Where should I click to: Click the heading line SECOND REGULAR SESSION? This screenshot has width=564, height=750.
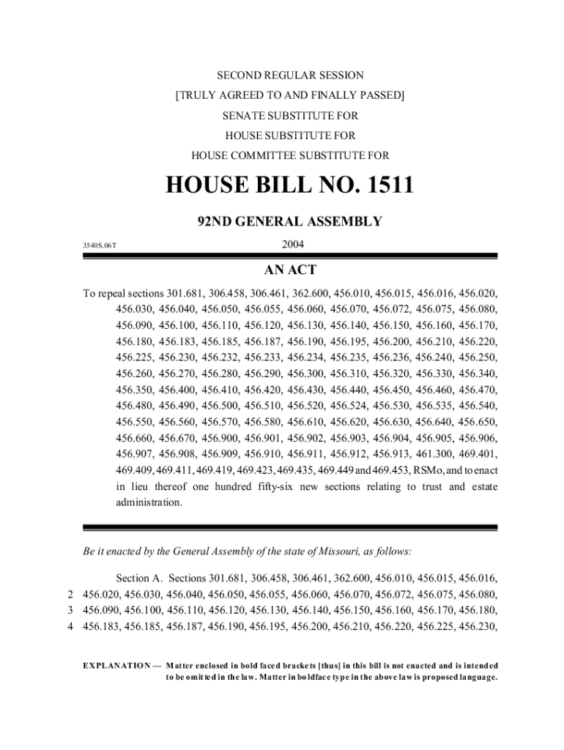coord(290,75)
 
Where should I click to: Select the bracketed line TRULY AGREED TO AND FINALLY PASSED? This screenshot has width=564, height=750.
coord(290,95)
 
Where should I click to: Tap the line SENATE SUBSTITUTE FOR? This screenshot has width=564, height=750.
coord(290,116)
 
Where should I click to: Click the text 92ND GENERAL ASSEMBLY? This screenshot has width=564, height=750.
coord(290,221)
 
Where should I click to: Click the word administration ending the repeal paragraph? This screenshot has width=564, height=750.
coord(149,502)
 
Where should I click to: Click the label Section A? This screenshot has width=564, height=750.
coord(139,577)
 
